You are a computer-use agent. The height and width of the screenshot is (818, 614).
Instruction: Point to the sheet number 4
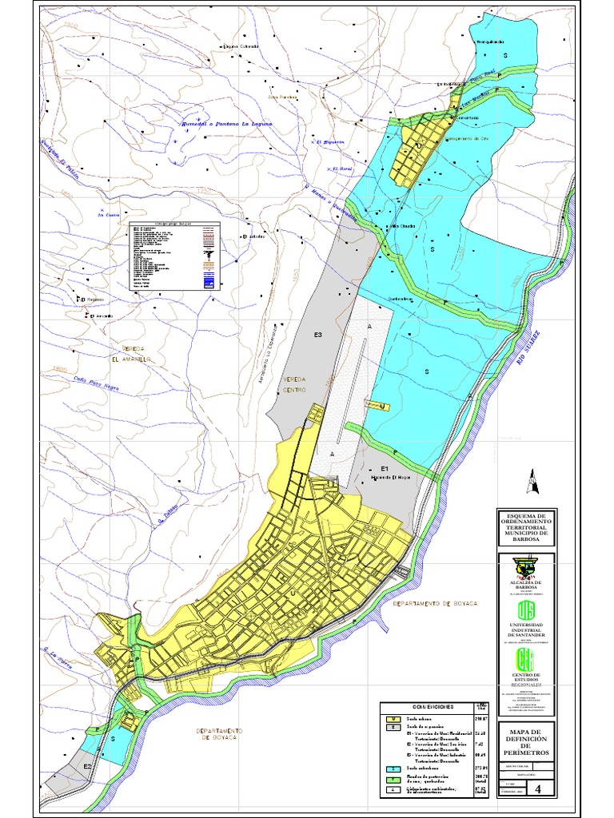(548, 790)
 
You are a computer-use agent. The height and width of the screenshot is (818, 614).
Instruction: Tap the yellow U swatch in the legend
(393, 720)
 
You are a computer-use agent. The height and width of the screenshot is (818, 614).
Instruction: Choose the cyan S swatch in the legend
(393, 768)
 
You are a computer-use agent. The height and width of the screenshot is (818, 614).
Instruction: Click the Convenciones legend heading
(433, 707)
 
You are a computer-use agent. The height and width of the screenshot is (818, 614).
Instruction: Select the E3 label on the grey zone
(317, 334)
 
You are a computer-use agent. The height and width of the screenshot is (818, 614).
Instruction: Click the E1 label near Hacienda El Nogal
(385, 468)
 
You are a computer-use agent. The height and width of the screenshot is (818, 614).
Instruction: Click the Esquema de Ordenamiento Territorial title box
(525, 528)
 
